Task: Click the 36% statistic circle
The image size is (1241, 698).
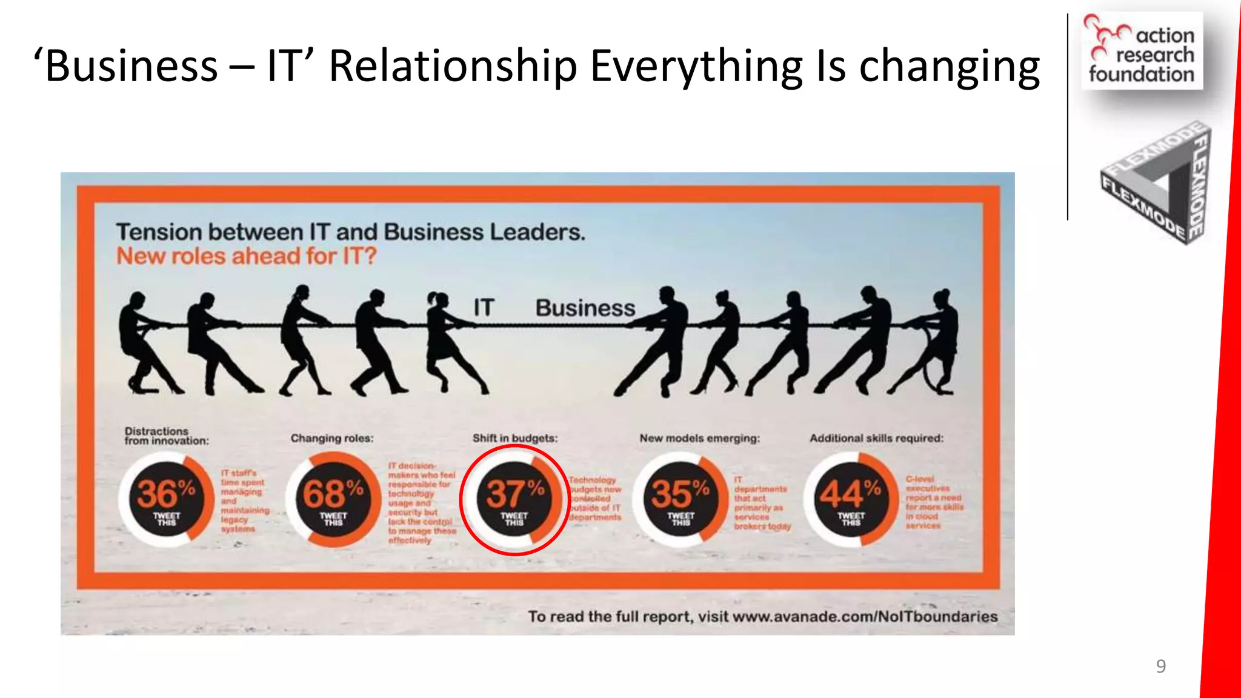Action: click(165, 499)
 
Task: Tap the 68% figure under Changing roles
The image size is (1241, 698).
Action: click(333, 499)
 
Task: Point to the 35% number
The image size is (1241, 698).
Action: click(680, 493)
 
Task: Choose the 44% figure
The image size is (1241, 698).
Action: click(851, 493)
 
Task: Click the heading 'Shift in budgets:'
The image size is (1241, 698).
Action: click(515, 438)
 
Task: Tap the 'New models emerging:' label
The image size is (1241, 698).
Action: click(699, 438)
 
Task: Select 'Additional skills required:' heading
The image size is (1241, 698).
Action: click(876, 438)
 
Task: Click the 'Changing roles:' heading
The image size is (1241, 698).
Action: click(332, 438)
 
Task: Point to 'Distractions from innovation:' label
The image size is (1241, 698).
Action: click(166, 436)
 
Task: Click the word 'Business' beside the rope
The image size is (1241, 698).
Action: click(585, 308)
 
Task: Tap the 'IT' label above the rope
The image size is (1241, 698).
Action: click(484, 308)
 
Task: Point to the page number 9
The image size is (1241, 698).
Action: click(1160, 666)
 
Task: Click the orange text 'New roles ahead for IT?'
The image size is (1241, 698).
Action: click(246, 256)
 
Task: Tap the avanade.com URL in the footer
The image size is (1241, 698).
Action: click(865, 617)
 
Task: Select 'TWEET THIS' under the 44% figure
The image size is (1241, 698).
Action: click(851, 519)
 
